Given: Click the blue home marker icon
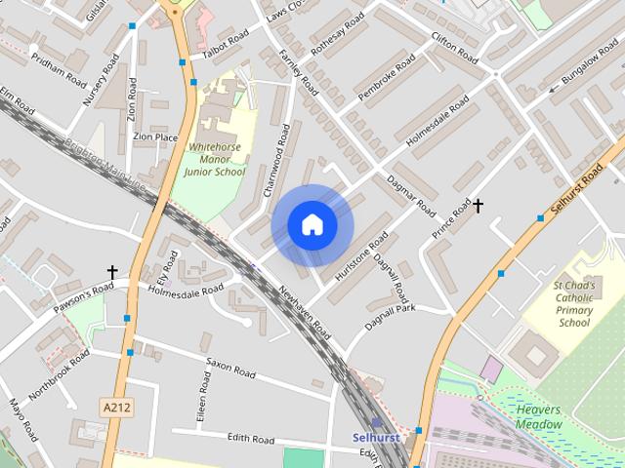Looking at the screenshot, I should (x=312, y=225).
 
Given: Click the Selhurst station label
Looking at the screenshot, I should (x=375, y=438).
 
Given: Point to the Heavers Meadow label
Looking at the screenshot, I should (x=539, y=417).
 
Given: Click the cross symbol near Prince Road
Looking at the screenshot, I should (x=479, y=206).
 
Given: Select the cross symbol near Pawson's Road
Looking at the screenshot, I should (x=112, y=273).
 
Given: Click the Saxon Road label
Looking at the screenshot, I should (x=231, y=368).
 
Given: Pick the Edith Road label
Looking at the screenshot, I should (x=250, y=440).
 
